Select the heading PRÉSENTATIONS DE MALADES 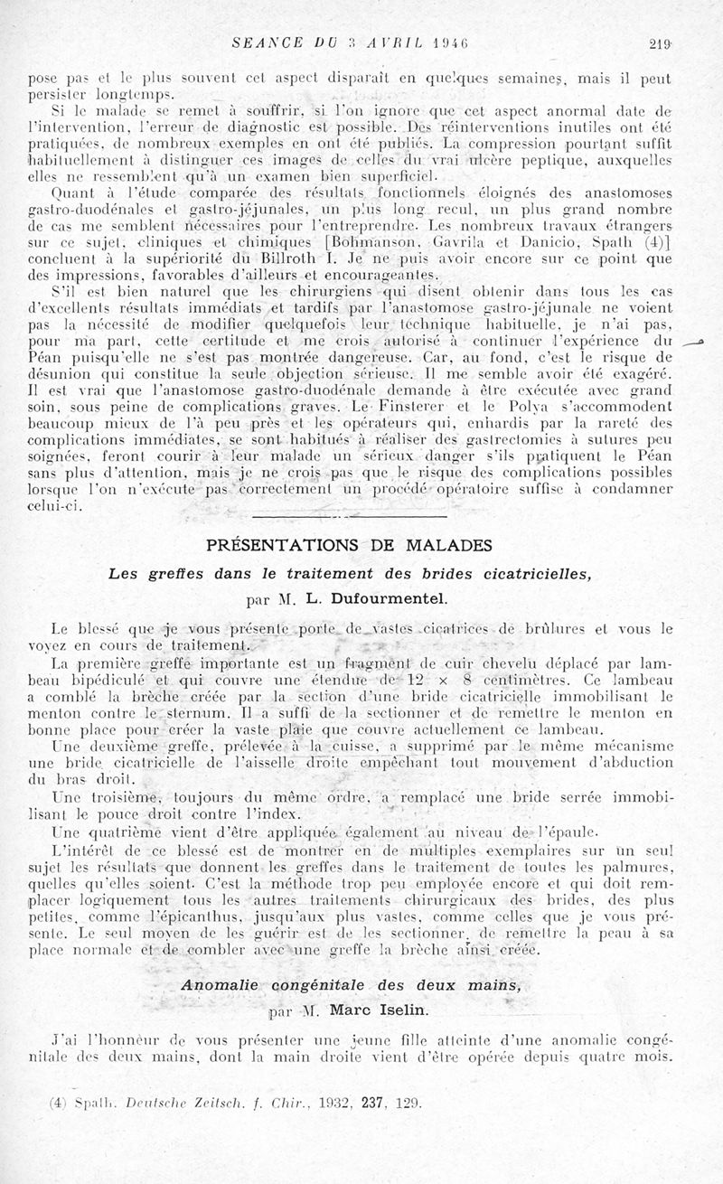[x=349, y=545]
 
